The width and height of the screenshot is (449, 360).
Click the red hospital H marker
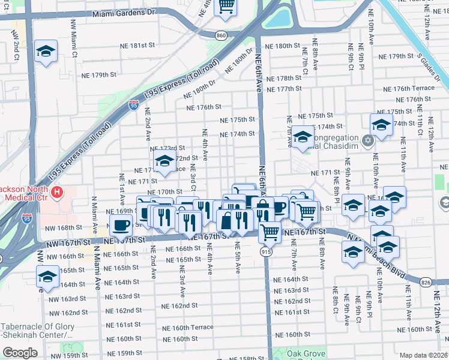[56, 193]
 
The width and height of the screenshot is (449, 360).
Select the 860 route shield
[221, 36]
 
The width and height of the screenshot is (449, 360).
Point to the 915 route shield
[265, 252]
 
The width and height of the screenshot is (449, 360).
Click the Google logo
[20, 353]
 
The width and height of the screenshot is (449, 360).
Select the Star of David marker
[369, 141]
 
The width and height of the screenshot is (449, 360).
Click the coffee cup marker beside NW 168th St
[121, 226]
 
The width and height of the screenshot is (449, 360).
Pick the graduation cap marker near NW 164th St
[47, 277]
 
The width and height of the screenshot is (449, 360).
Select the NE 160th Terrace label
[193, 328]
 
